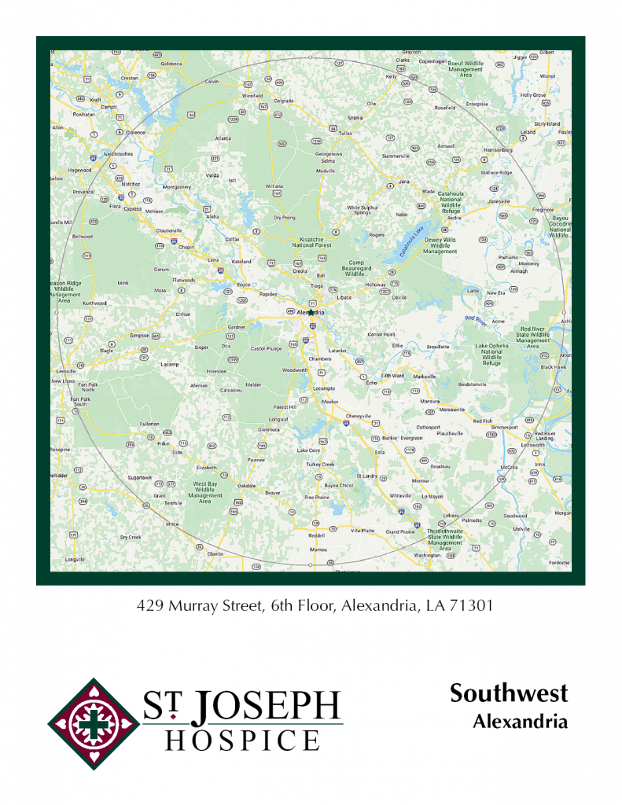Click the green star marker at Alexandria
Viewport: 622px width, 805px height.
click(311, 312)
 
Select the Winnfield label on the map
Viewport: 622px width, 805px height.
click(252, 95)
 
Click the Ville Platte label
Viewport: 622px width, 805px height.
click(363, 531)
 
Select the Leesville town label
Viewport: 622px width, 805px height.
click(66, 370)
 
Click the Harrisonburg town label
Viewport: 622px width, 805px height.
click(498, 149)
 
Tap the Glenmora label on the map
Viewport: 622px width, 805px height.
click(270, 430)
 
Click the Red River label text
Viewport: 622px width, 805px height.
click(475, 318)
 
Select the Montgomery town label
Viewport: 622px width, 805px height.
click(176, 187)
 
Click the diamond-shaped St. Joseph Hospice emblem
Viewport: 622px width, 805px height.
click(94, 723)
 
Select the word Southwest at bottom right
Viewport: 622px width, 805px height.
click(509, 693)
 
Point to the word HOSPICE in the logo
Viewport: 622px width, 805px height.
click(243, 741)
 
